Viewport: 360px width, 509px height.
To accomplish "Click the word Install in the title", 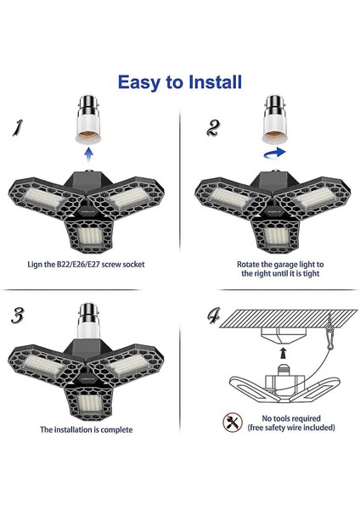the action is tap(215, 81).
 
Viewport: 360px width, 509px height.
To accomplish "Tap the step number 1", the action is tap(18, 128).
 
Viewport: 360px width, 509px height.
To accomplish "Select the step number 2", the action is tap(213, 127).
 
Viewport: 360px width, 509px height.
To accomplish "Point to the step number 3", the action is tap(18, 316).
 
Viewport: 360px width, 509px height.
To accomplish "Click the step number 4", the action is tap(213, 316).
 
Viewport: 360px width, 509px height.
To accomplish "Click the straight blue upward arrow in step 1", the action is tap(88, 154).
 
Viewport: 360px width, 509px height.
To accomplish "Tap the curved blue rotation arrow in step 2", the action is tap(274, 153).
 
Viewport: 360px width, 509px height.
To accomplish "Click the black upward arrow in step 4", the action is tap(284, 353).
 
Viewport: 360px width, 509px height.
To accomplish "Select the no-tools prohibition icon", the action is tap(233, 422).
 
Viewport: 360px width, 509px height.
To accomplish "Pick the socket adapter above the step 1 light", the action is tap(88, 120).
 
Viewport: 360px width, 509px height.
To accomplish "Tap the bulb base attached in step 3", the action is tap(88, 321).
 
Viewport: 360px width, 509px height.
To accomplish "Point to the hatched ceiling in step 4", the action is tap(288, 318).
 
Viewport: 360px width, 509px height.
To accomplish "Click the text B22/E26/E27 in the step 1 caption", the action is tap(78, 264).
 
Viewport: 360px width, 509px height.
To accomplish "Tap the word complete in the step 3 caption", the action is tap(116, 430).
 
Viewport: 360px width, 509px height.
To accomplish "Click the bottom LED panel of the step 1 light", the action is tap(90, 236).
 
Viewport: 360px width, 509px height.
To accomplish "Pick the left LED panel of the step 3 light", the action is tap(42, 365).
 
